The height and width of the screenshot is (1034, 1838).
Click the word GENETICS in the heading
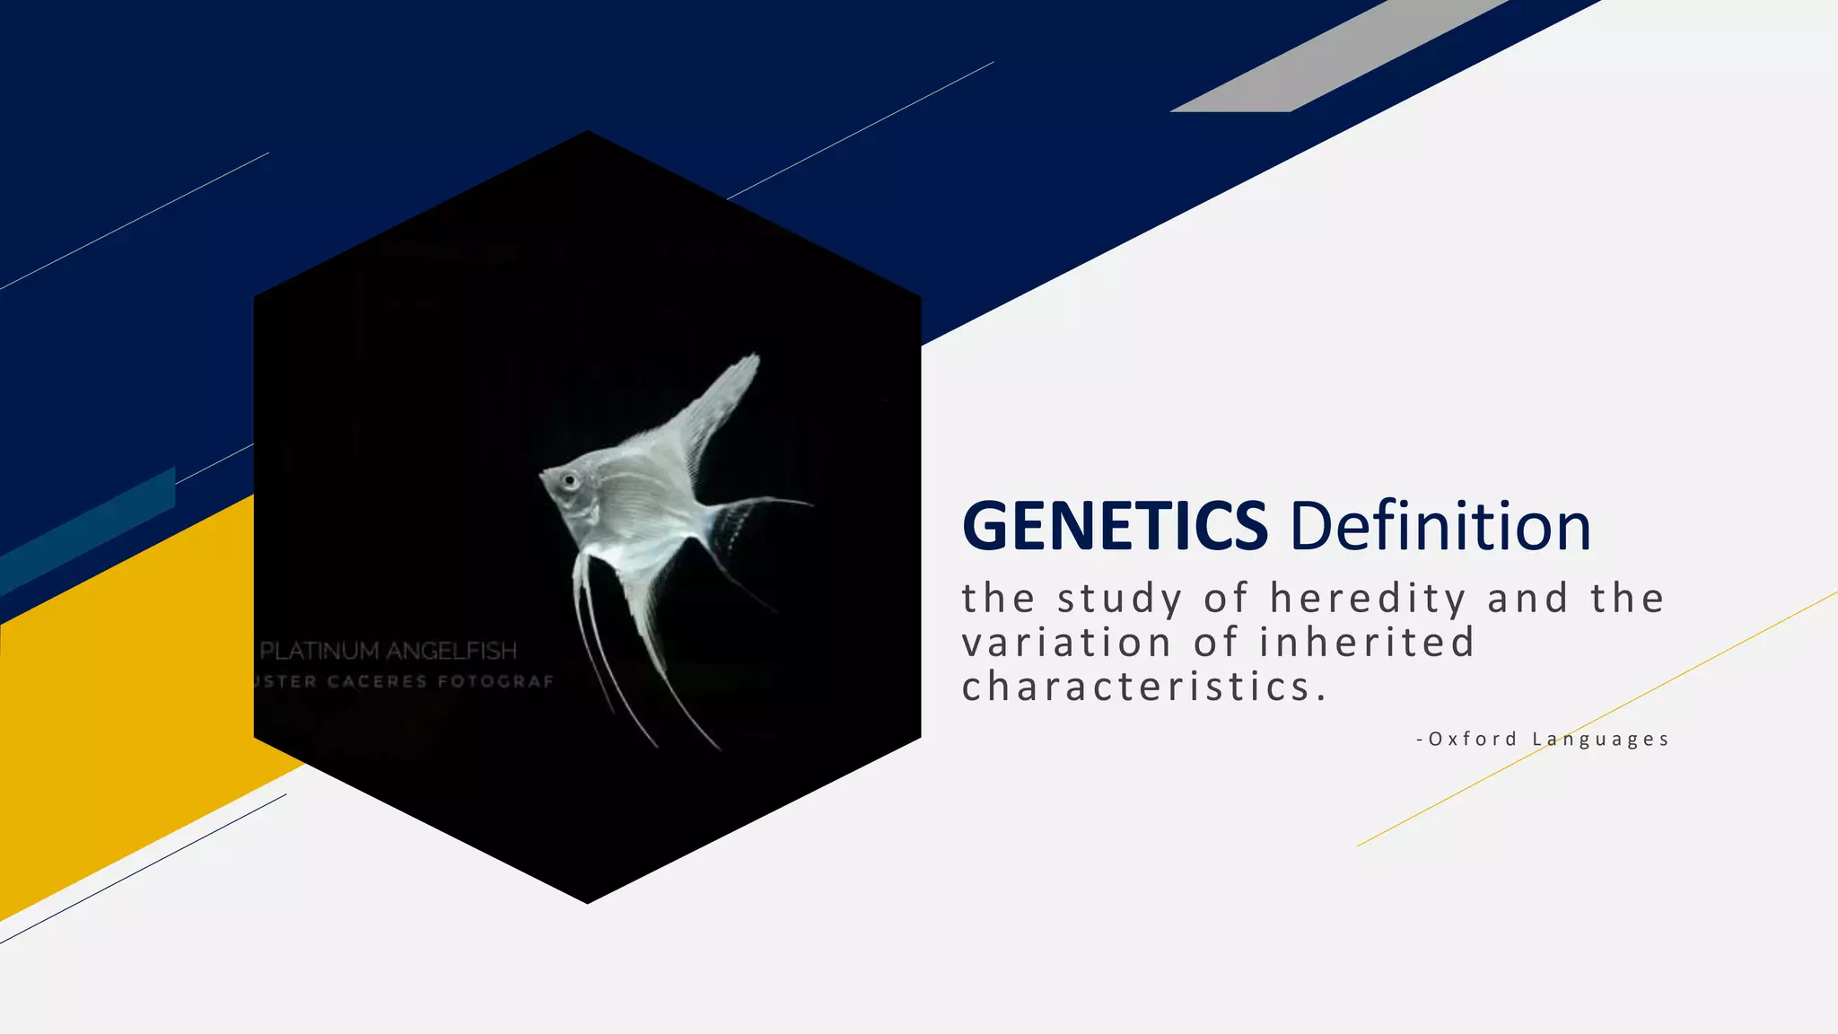coord(1115,526)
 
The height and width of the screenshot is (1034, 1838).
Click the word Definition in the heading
coord(1440,526)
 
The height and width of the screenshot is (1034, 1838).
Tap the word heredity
coord(1368,599)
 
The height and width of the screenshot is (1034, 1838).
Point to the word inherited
coord(1367,643)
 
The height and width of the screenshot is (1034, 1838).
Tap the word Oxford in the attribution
coord(1473,740)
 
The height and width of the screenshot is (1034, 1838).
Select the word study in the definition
coord(1119,599)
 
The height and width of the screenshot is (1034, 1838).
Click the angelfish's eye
coord(569,481)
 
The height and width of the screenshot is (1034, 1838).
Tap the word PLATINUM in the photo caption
coord(319,651)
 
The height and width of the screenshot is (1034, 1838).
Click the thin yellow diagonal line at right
coord(1597,718)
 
